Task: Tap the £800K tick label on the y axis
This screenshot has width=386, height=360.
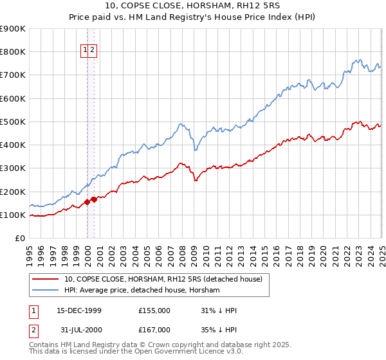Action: point(12,52)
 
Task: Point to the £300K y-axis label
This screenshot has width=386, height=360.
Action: point(12,168)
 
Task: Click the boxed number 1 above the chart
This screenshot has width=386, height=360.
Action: point(85,50)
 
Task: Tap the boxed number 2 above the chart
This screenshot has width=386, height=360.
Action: point(92,50)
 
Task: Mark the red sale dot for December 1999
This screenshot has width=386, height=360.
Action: point(87,202)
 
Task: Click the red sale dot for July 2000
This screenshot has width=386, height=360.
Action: point(95,199)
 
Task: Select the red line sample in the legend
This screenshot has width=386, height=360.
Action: point(45,280)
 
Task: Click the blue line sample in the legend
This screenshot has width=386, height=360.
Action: point(45,291)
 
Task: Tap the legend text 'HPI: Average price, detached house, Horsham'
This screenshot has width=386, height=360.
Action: point(142,291)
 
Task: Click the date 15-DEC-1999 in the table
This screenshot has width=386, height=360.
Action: point(79,310)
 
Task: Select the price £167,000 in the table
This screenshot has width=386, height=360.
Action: point(154,330)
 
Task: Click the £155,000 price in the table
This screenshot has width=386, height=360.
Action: point(154,310)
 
